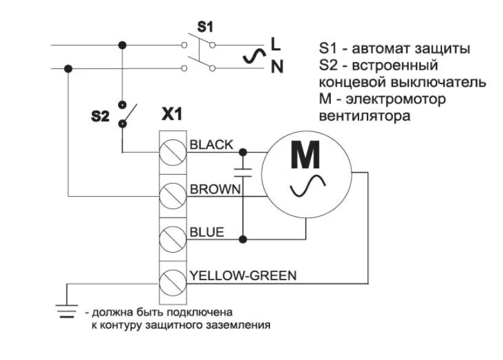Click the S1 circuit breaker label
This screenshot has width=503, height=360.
(x=205, y=27)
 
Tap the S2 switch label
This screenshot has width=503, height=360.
(x=100, y=117)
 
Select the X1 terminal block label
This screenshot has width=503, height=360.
(x=171, y=115)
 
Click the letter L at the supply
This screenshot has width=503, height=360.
(x=275, y=45)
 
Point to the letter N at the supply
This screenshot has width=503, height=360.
(x=276, y=65)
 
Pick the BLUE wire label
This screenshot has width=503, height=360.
(x=207, y=232)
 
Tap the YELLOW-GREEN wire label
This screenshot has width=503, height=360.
(x=243, y=275)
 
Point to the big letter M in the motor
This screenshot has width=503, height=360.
(x=306, y=156)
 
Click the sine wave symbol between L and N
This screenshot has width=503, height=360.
(x=252, y=57)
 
